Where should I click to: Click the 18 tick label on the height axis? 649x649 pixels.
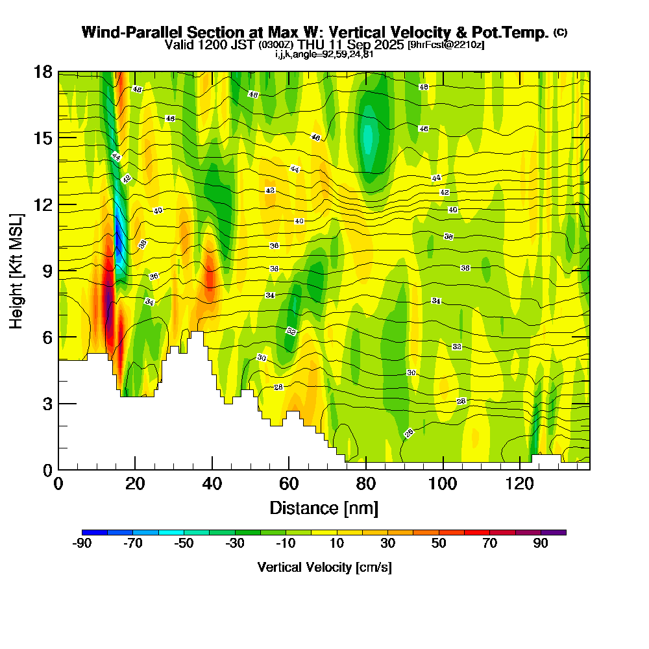[43, 71]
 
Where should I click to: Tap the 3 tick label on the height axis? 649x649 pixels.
[47, 404]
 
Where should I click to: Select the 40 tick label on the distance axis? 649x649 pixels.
[212, 484]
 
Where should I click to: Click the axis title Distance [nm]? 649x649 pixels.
[324, 508]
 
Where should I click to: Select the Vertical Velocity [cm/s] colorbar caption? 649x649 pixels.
[324, 567]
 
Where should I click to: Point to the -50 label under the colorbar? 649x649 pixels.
[184, 544]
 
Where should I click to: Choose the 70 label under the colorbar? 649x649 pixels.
[490, 544]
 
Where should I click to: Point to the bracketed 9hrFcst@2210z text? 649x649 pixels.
[445, 45]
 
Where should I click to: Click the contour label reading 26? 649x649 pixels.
[409, 433]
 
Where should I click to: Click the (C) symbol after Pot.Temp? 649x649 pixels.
[560, 32]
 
